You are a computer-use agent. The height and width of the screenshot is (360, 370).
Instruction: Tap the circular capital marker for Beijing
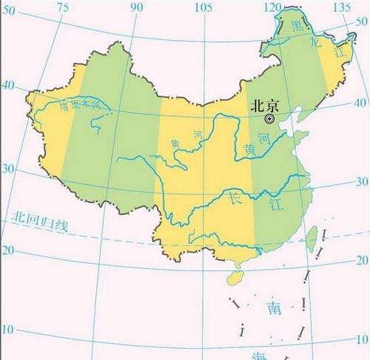pos(271,118)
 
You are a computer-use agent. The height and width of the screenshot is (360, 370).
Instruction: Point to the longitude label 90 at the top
pos(137,7)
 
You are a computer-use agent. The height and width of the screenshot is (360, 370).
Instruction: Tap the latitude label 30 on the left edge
pos(8,168)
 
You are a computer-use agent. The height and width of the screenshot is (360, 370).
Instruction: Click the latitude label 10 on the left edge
pos(8,328)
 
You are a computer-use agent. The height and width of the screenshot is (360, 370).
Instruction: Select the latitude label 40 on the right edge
pos(362,102)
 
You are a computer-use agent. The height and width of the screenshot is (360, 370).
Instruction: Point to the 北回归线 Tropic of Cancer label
pos(39,220)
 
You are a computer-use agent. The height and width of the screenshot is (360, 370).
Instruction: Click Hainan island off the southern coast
pos(235,276)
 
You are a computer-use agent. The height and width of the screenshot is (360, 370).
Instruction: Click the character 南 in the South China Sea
pos(275,305)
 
